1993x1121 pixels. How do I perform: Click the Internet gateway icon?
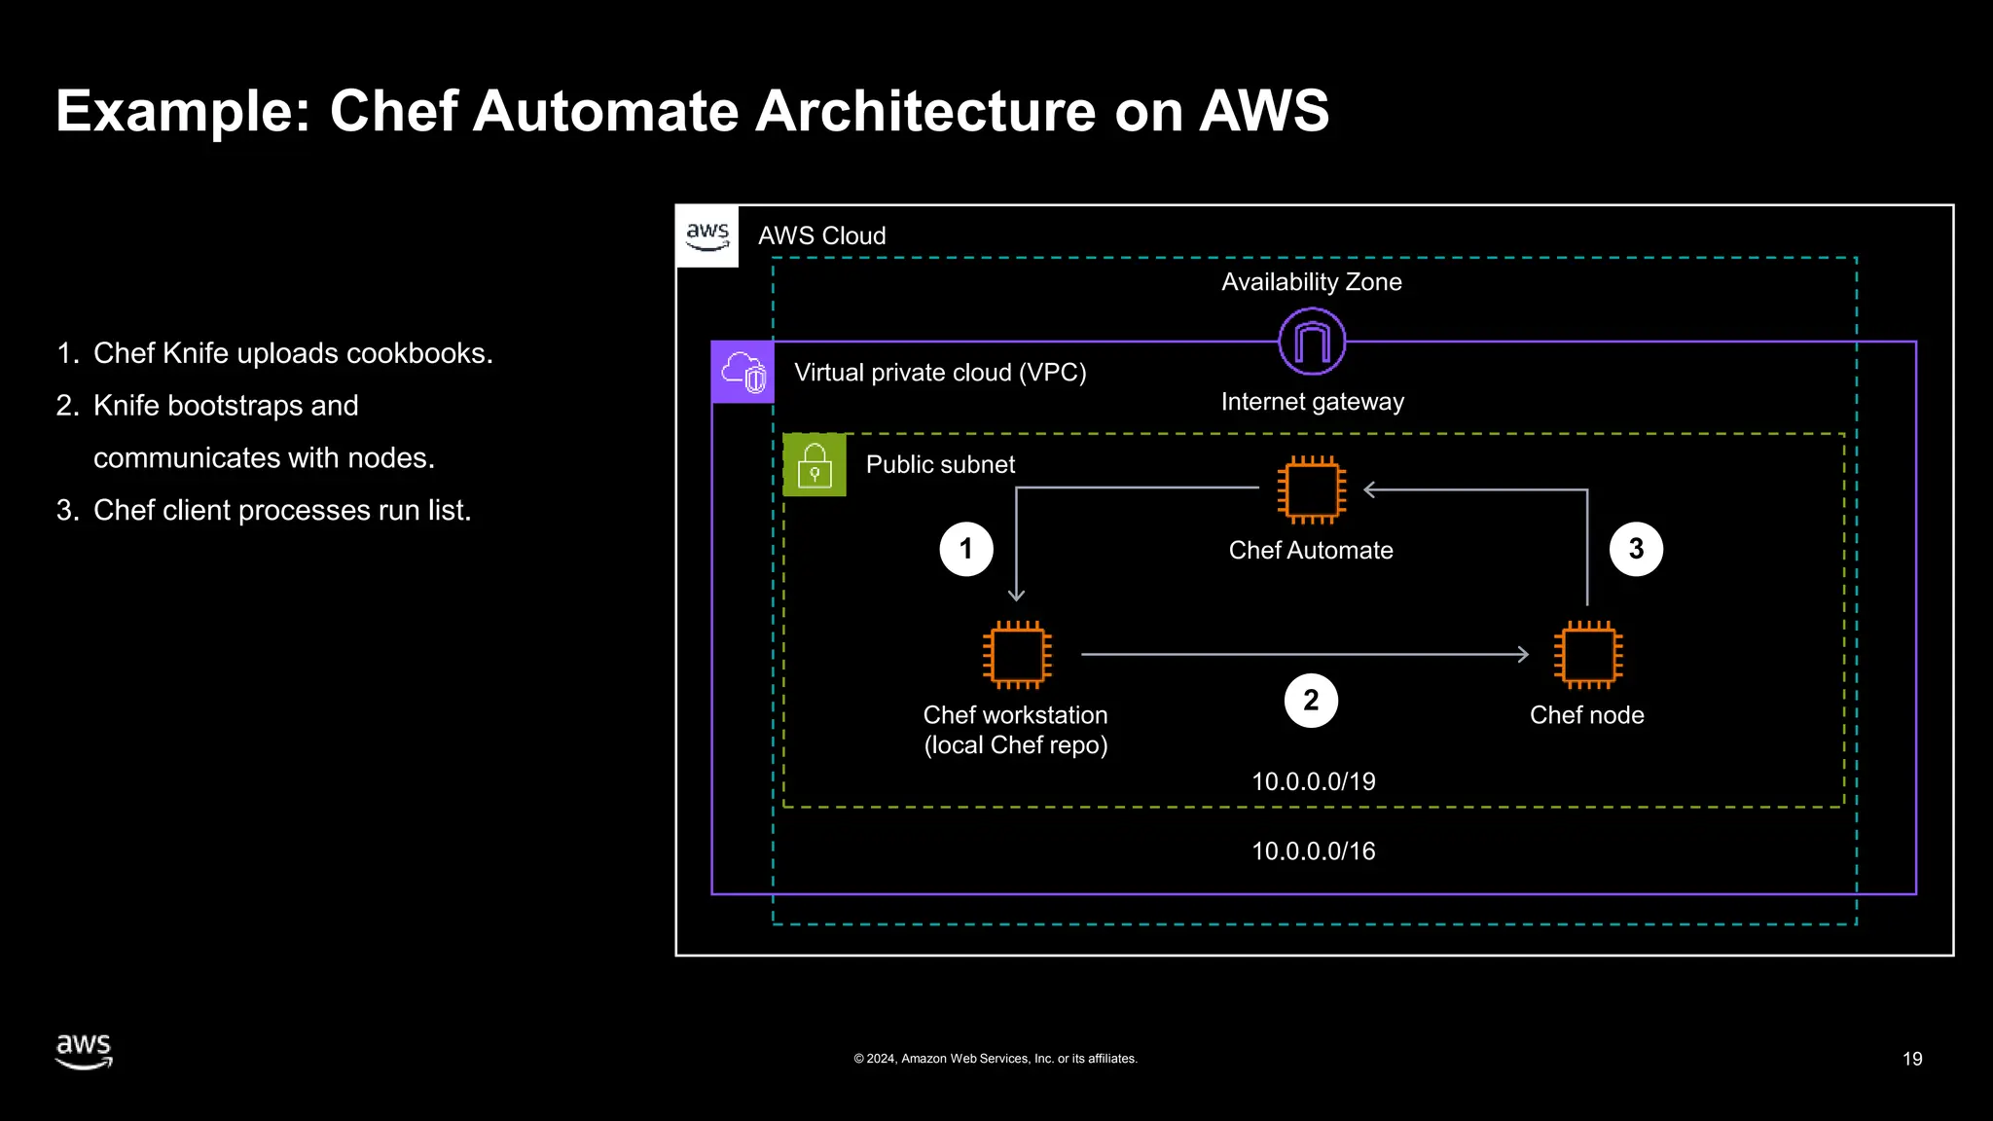tap(1312, 342)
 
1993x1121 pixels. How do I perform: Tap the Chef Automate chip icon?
tap(1312, 490)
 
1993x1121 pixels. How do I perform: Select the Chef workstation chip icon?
tap(1017, 655)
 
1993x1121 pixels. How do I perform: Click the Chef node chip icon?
tap(1587, 655)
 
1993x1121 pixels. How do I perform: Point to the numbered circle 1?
tap(966, 549)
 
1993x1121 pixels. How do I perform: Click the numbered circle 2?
tap(1311, 701)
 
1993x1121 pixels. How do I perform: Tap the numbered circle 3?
tap(1636, 549)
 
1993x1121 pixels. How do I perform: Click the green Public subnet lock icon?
tap(815, 465)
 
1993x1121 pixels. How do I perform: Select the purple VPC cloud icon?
tap(743, 372)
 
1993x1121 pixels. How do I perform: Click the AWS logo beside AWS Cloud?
tap(707, 235)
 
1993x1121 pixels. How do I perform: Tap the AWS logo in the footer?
tap(84, 1051)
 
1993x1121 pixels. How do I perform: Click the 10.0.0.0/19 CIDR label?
tap(1313, 781)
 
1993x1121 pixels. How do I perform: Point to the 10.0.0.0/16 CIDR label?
tap(1313, 851)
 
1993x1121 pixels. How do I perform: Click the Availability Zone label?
tap(1311, 282)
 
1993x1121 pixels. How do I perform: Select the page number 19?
tap(1911, 1059)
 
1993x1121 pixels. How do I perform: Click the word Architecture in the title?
tap(925, 111)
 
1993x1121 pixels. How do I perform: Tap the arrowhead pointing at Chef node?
tap(1523, 655)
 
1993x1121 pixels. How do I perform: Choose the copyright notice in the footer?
tap(995, 1059)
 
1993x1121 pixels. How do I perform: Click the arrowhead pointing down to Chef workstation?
tap(1016, 595)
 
